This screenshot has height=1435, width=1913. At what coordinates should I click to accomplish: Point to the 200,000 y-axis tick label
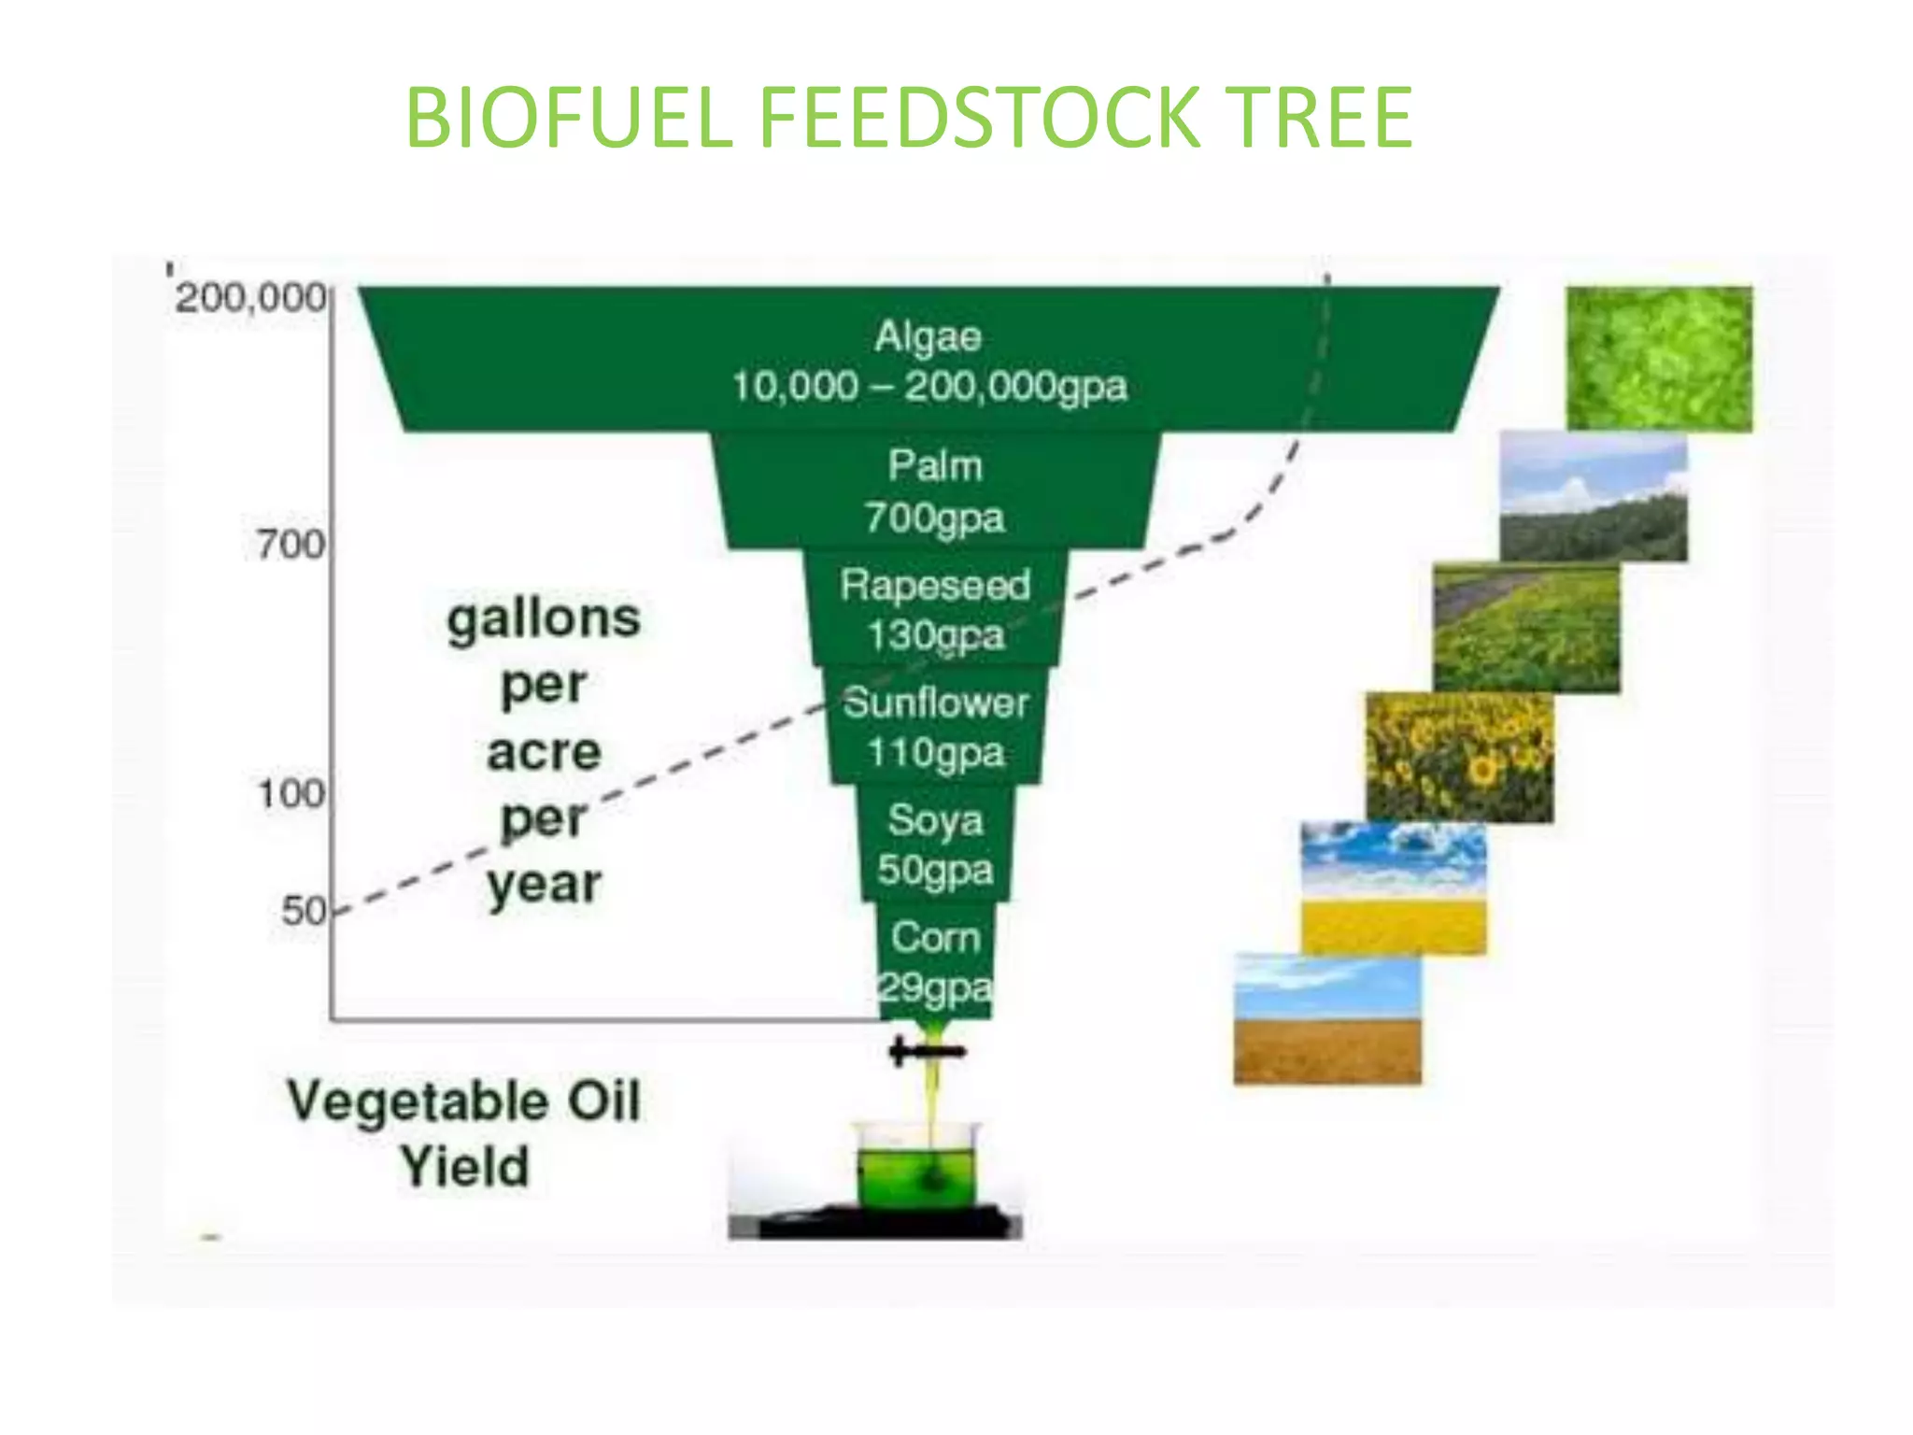251,298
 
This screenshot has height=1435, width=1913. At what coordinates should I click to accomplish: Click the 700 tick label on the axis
290,545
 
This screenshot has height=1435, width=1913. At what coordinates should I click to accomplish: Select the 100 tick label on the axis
290,794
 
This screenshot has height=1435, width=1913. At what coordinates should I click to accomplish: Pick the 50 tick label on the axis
304,911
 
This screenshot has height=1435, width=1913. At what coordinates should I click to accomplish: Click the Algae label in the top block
928,336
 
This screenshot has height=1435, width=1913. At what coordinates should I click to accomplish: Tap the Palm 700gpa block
934,491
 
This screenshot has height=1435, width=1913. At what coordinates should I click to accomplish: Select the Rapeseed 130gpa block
934,609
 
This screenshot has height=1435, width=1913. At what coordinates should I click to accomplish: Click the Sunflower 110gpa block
935,727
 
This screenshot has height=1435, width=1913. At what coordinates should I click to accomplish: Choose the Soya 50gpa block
935,844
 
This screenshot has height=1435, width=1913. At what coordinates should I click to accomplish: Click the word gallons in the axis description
544,618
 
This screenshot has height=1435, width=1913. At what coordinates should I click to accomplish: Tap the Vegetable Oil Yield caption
464,1132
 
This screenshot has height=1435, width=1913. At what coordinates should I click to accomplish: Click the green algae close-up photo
1659,359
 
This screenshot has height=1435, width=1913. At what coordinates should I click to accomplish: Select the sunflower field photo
1459,757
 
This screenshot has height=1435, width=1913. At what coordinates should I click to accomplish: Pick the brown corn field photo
1326,1019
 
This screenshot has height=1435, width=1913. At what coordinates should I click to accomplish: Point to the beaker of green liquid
916,1168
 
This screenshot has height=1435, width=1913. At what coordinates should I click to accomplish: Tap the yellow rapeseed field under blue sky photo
1393,888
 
